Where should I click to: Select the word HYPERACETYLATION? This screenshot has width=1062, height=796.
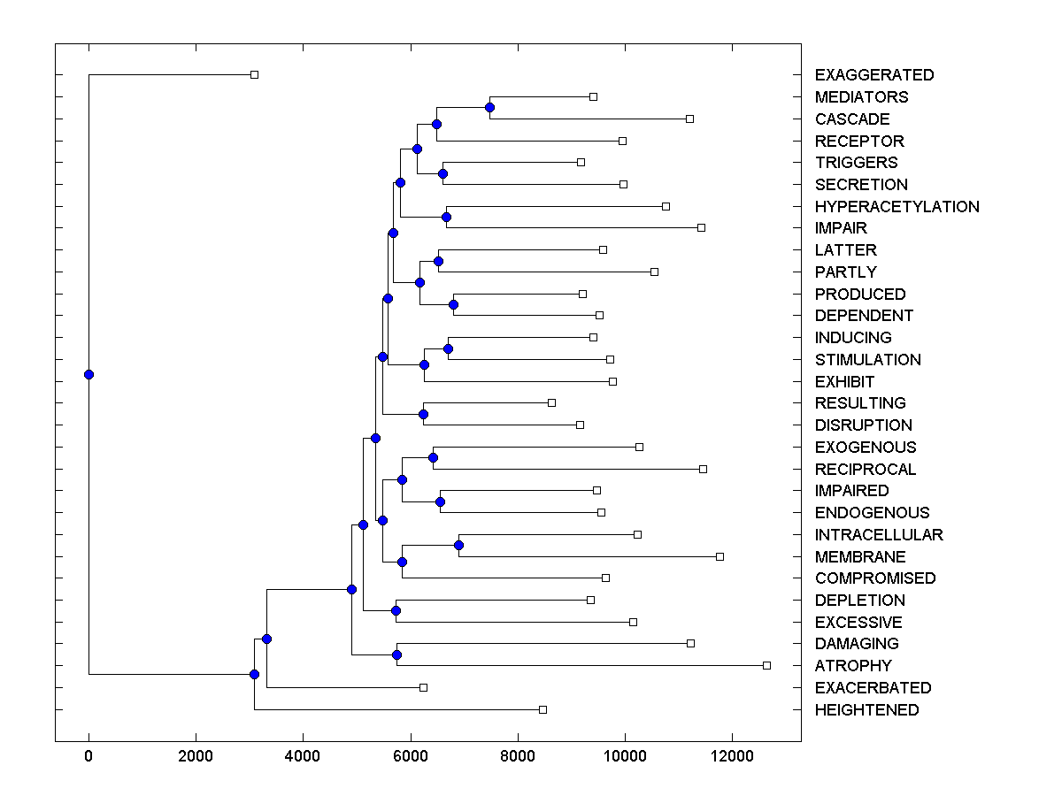click(x=897, y=207)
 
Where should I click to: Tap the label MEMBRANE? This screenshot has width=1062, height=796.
click(x=860, y=557)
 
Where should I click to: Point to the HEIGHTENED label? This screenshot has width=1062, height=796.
click(x=867, y=710)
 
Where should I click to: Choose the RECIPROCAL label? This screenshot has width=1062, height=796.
click(x=866, y=470)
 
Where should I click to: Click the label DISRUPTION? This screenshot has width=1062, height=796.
click(x=864, y=425)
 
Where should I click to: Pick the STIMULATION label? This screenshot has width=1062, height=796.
click(x=868, y=360)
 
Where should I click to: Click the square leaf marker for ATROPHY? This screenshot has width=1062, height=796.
click(x=766, y=665)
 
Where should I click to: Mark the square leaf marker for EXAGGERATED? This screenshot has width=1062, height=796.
click(x=254, y=74)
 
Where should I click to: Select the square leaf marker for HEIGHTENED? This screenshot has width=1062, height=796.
click(x=543, y=709)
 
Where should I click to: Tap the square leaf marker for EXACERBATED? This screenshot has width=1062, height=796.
click(x=423, y=687)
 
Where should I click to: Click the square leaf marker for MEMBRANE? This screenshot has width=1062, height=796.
click(x=720, y=556)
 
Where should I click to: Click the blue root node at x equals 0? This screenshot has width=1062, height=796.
click(x=88, y=374)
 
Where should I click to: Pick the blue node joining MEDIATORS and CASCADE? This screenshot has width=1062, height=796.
click(x=489, y=107)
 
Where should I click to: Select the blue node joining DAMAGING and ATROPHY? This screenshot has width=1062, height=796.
click(x=396, y=654)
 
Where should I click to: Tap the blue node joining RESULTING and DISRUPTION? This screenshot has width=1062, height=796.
click(x=423, y=414)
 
